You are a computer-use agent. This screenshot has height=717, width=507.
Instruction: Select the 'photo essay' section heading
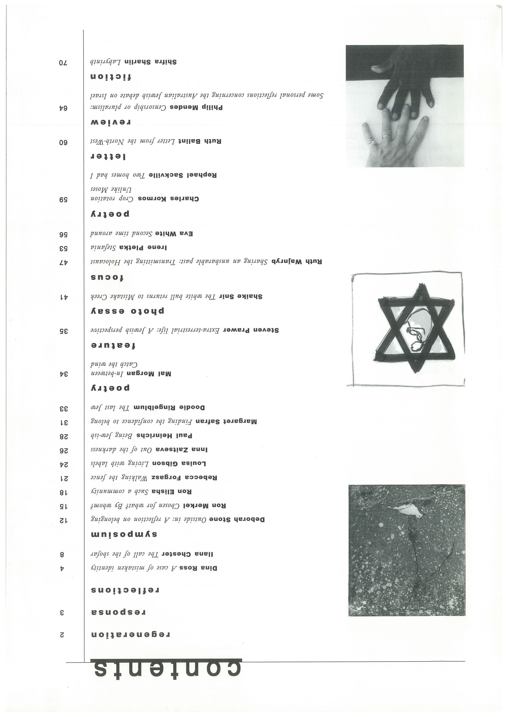127,311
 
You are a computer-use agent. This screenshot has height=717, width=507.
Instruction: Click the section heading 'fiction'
111,77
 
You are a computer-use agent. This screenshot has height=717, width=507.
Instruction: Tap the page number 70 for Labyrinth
63,63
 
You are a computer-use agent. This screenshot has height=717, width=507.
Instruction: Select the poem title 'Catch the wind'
114,364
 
